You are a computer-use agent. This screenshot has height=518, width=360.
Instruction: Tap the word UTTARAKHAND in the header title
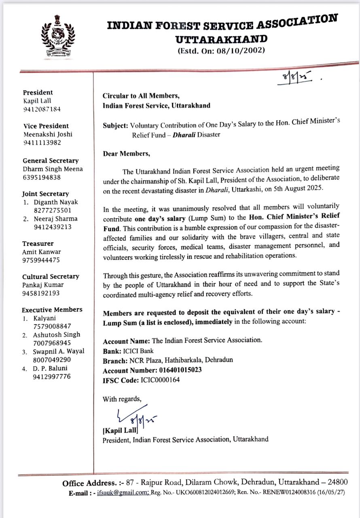[x=221, y=39]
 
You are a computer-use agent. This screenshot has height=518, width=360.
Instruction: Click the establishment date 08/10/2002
[x=240, y=51]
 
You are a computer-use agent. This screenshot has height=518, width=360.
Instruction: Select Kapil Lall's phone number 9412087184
[x=42, y=109]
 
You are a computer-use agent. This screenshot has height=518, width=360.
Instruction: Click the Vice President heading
[x=46, y=126]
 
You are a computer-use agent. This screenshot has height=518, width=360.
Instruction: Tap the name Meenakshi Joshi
[x=48, y=134]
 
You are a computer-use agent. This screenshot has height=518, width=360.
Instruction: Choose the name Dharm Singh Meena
[x=53, y=169]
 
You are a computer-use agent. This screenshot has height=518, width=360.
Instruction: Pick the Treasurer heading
[x=38, y=244]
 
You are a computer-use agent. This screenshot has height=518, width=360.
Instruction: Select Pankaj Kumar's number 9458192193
[x=41, y=293]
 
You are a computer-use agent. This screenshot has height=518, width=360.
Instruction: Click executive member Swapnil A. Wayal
[x=59, y=351]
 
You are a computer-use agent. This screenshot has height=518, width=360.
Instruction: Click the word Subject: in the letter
[x=116, y=125]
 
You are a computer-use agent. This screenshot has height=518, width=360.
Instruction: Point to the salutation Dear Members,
[x=126, y=154]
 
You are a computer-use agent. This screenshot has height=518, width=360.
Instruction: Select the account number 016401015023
[x=180, y=370]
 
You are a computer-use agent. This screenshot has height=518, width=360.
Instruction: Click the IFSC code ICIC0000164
[x=160, y=380]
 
